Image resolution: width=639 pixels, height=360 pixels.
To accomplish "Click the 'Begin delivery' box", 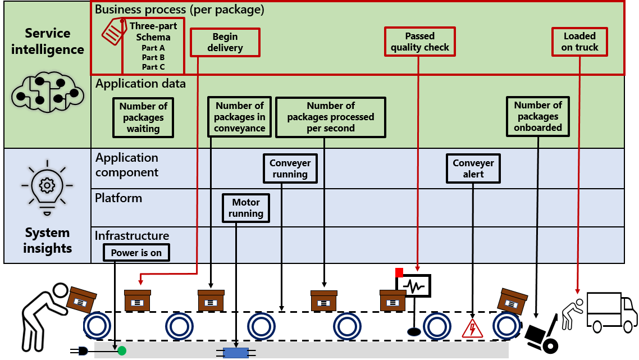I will (225, 42).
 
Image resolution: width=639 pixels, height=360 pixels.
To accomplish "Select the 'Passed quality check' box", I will (420, 42).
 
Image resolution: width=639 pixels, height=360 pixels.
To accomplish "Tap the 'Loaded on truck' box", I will (579, 42).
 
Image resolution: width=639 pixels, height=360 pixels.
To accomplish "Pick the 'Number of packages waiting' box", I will (143, 117).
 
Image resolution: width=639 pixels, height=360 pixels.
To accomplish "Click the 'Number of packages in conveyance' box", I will (239, 117).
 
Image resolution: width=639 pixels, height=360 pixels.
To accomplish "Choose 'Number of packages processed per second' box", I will (331, 117).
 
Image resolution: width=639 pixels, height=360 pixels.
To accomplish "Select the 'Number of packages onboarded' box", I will (538, 116).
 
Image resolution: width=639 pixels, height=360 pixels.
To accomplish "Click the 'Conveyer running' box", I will (290, 168).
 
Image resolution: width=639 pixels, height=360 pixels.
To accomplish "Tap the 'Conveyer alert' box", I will (473, 168).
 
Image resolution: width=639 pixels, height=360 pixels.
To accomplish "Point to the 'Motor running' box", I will (246, 208).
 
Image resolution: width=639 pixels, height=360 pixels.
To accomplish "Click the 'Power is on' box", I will (136, 253).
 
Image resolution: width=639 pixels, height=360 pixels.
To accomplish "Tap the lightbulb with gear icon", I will (47, 185).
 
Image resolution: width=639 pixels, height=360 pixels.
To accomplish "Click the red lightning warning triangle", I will (472, 329).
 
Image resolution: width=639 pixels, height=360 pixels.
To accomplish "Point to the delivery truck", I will (611, 312).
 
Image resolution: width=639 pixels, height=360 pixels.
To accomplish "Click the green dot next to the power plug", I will (122, 352).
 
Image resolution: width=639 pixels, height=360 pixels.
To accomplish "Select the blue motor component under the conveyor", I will (236, 353).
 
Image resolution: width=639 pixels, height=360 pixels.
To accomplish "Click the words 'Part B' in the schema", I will (153, 57).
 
